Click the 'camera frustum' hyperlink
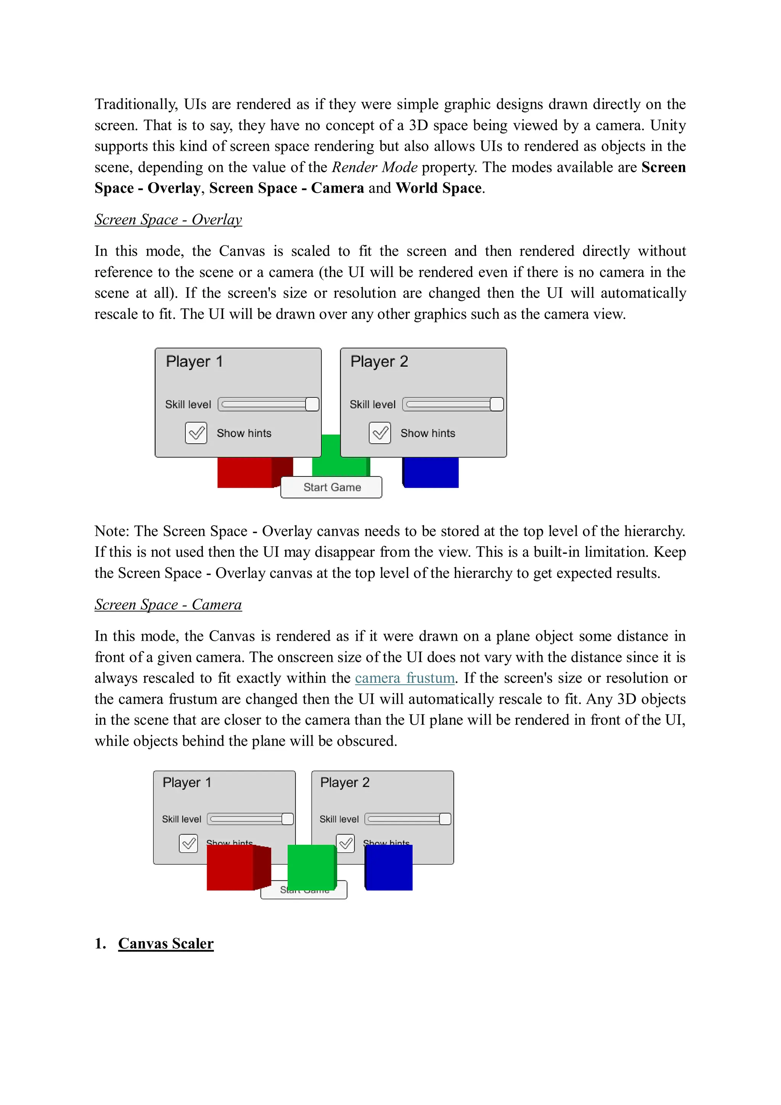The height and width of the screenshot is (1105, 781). (x=404, y=678)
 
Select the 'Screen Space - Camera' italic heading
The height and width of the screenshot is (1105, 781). (x=168, y=605)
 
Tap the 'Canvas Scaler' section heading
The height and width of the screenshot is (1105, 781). (x=166, y=943)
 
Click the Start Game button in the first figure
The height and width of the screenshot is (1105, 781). (x=331, y=487)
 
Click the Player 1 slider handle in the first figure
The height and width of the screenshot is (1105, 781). (x=312, y=404)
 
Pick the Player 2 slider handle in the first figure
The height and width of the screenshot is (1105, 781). (x=496, y=404)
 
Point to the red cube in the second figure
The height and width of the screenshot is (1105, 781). (x=231, y=867)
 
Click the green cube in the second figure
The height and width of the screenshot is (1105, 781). (x=310, y=866)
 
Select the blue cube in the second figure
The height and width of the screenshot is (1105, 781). (x=389, y=867)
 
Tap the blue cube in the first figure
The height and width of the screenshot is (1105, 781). (x=430, y=472)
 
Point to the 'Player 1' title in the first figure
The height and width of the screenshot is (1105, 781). (x=194, y=362)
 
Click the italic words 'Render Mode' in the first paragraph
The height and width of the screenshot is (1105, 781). (x=374, y=167)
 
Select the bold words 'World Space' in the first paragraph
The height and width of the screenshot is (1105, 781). (x=439, y=188)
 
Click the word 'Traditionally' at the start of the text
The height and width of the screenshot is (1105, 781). (x=136, y=105)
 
